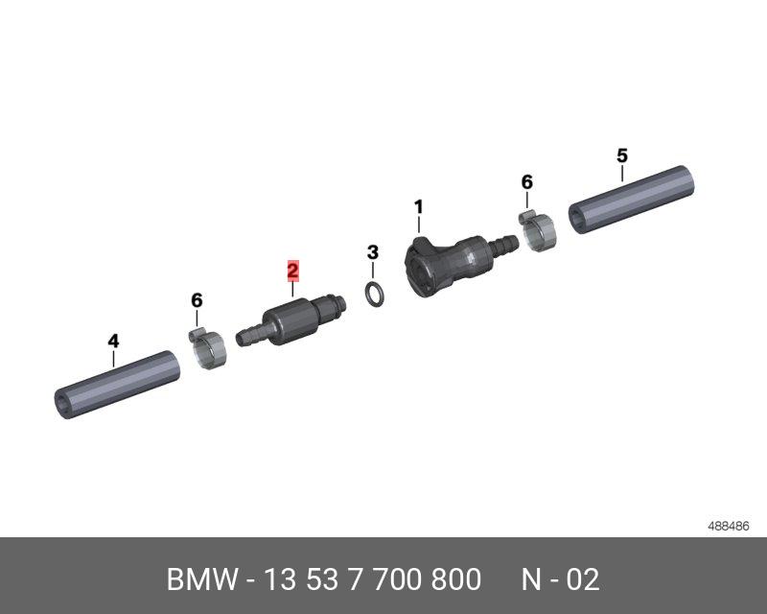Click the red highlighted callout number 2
click(x=292, y=271)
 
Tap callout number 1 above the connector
click(x=418, y=207)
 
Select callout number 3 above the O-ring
click(x=373, y=252)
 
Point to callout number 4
click(x=113, y=341)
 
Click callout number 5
click(x=621, y=155)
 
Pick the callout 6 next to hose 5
click(x=526, y=182)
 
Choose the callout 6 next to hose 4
click(x=197, y=300)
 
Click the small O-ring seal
click(x=375, y=295)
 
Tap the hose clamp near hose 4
click(x=207, y=348)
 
